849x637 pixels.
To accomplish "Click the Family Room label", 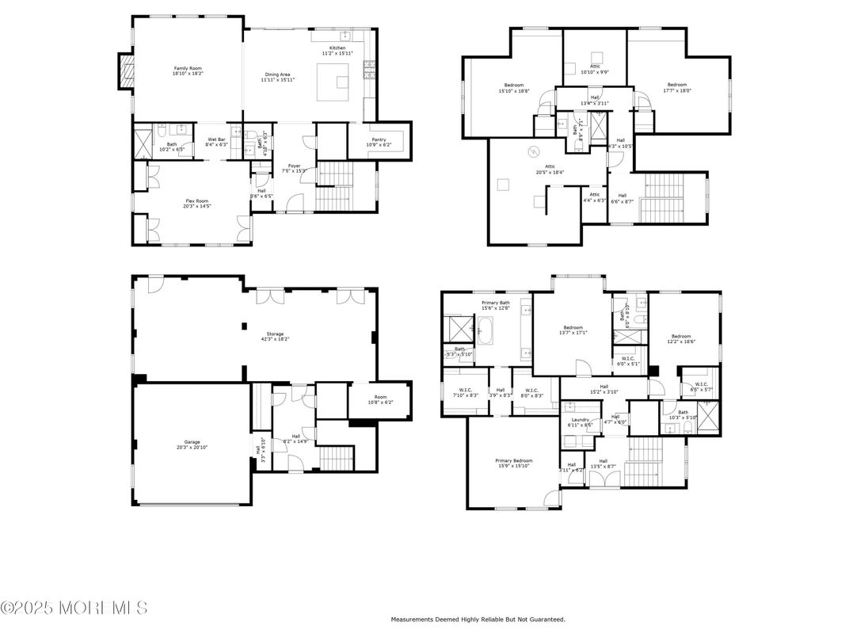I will (188, 68).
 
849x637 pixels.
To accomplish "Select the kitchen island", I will (333, 82).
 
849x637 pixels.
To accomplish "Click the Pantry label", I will (379, 139).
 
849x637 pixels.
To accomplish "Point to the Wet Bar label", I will (216, 139).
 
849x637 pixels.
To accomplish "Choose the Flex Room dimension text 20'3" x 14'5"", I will (188, 206).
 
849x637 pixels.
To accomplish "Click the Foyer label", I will (295, 166).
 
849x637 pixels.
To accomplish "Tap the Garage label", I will (192, 441).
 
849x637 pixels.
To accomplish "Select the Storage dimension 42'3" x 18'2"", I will (275, 339).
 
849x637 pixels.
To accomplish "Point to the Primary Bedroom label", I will (514, 460).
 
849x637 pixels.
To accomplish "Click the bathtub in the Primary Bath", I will (485, 330).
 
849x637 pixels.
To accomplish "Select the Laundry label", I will (580, 419).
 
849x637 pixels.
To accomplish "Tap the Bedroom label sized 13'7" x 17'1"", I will (573, 327).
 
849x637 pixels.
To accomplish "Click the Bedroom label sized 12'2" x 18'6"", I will (681, 336).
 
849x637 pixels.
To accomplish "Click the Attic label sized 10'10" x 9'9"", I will (595, 67).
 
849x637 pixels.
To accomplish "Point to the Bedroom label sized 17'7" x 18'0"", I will (676, 85).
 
